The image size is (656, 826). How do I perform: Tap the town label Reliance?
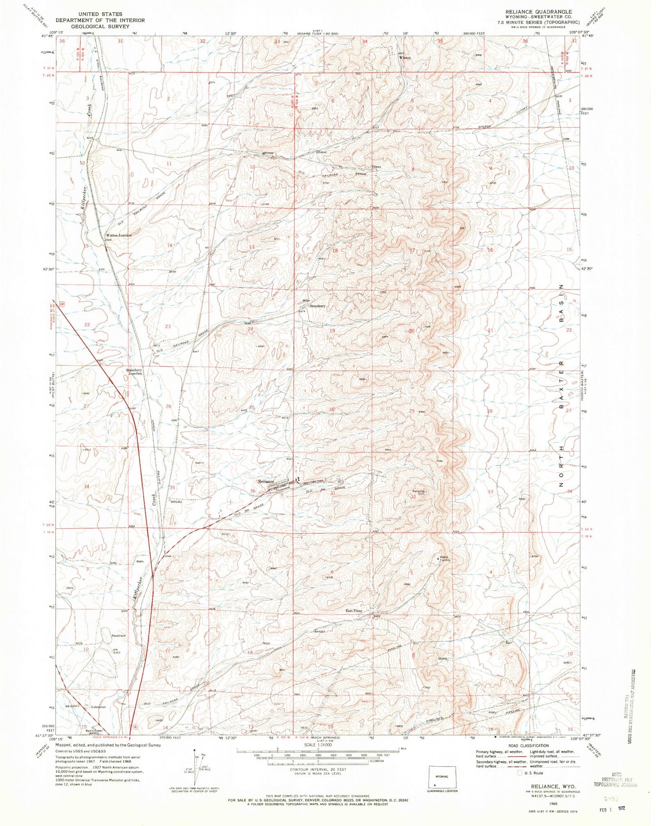coord(266,482)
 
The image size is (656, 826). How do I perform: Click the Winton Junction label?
coord(118,236)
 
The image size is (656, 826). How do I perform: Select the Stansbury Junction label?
coord(134,372)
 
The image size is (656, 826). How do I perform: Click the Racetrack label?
coord(118,636)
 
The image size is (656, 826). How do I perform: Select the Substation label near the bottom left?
coord(98,707)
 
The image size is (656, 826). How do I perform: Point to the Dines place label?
coord(376,167)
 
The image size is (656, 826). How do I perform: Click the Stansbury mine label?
coord(317,306)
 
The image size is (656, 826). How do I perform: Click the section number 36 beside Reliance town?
coord(252,491)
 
